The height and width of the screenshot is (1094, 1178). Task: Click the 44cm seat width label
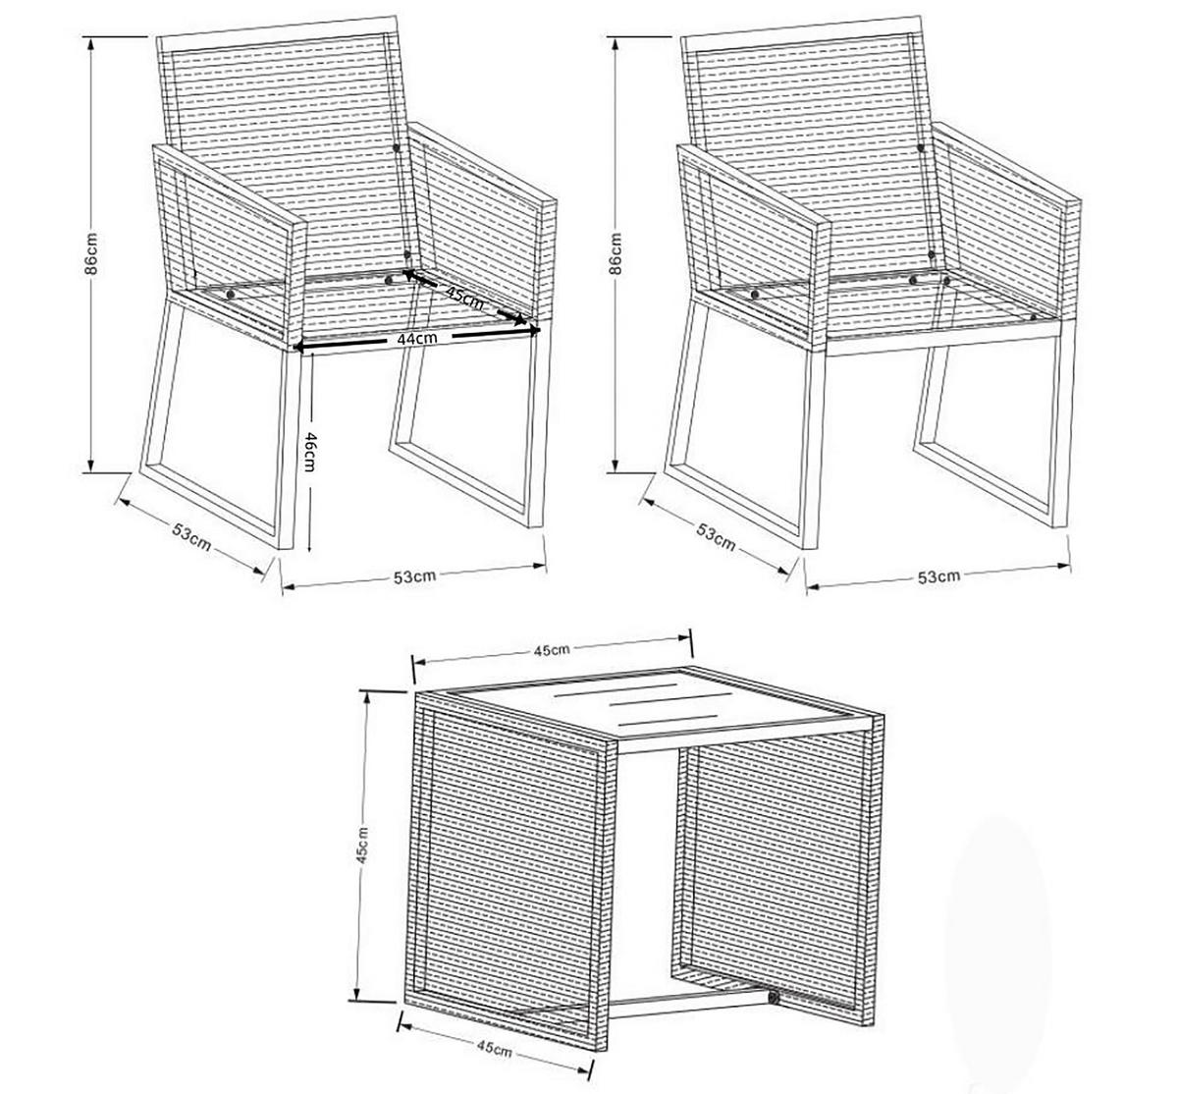point(417,339)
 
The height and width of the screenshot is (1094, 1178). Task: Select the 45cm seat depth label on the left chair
point(464,296)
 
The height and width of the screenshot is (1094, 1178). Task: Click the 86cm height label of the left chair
point(90,253)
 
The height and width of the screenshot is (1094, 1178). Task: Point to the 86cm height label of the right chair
point(616,253)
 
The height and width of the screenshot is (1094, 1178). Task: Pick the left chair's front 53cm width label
point(414,576)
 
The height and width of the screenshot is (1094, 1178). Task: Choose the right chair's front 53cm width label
point(938,576)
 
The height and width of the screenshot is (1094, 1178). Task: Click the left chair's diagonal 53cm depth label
point(191,536)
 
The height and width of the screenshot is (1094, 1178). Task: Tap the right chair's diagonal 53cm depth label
point(716,536)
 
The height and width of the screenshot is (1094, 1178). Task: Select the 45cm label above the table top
point(552,649)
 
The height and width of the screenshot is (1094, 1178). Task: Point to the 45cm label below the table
point(494,1049)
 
